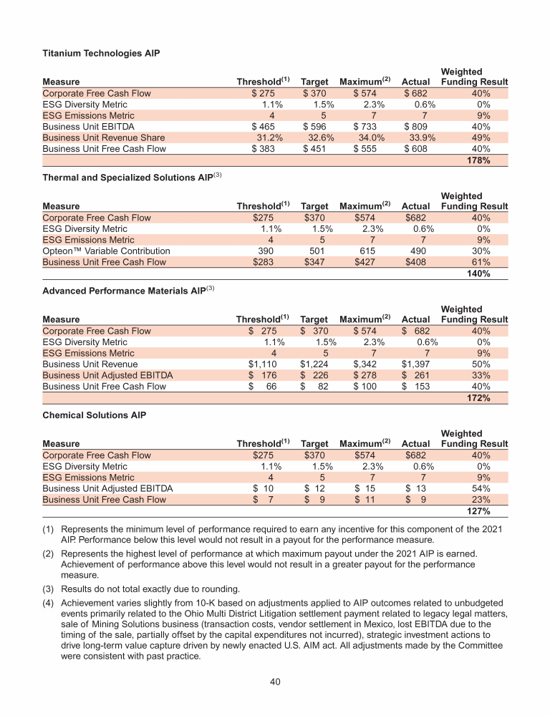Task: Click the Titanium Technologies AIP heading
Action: [x=101, y=53]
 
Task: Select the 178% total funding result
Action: [x=478, y=161]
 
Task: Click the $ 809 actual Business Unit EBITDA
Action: [x=416, y=126]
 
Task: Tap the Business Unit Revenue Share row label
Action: [x=104, y=137]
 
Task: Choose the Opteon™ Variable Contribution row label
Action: [x=107, y=251]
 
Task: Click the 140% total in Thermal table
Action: [x=478, y=274]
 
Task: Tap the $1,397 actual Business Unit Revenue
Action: [x=415, y=364]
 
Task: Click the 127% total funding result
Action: [x=478, y=512]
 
